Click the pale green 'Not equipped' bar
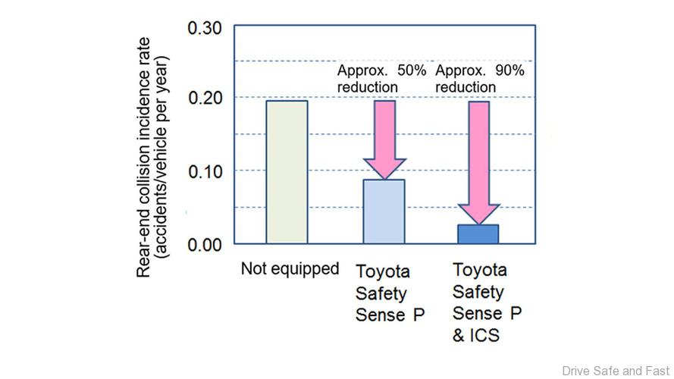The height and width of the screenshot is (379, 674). point(287,172)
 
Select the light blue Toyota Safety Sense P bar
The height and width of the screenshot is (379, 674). point(384,211)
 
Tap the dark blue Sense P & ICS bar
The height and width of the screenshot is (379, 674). point(478,234)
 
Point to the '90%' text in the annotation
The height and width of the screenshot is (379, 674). point(508,70)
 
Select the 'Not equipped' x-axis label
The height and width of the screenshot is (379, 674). point(290,269)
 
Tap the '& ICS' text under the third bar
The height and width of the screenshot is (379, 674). point(476,334)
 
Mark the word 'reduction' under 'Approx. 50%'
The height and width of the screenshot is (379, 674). point(368,87)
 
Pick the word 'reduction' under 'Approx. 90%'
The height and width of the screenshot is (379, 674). point(466,87)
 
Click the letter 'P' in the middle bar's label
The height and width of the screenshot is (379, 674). point(419,314)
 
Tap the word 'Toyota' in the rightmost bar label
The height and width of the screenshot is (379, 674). point(479,269)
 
